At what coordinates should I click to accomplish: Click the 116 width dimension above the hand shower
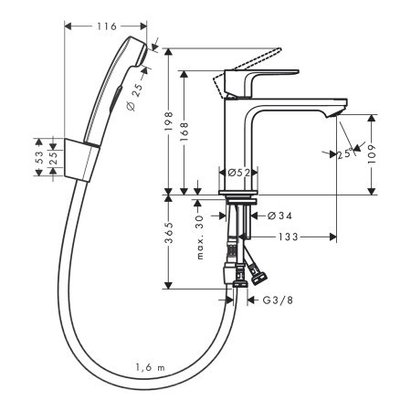click(106, 27)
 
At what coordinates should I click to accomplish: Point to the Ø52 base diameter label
click(239, 172)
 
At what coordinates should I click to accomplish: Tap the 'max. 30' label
click(199, 240)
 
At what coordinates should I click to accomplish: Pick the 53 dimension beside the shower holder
click(39, 156)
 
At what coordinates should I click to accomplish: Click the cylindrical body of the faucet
click(239, 137)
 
